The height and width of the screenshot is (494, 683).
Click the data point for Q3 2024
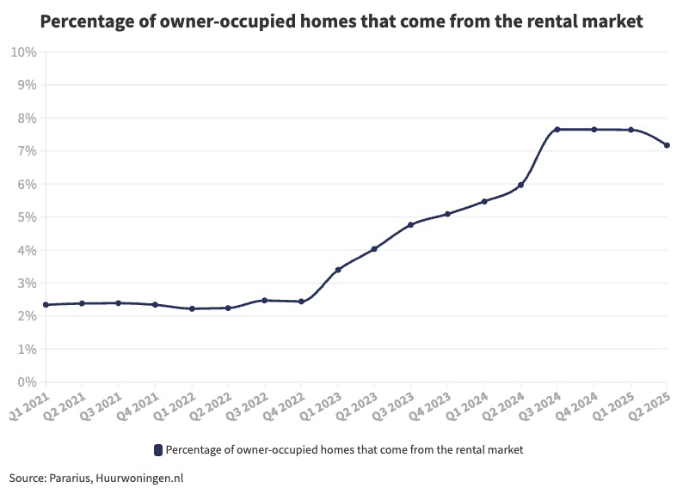(557, 130)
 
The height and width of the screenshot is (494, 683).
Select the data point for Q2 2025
(667, 145)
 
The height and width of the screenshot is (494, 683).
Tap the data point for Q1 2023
(338, 270)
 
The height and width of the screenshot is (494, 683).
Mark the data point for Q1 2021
(46, 305)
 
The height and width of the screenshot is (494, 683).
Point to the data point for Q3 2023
(411, 225)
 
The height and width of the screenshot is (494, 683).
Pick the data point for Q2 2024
(521, 185)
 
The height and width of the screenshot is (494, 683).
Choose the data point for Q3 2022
(265, 301)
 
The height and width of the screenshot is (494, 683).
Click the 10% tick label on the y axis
(23, 52)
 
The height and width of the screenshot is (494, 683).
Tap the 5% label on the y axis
(27, 217)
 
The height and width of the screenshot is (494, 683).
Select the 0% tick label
(27, 382)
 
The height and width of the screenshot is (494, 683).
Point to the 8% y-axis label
(27, 119)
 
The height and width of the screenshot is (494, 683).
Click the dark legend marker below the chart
(157, 450)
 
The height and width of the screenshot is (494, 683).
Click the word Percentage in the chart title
(87, 22)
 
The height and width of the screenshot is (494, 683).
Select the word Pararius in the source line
(71, 478)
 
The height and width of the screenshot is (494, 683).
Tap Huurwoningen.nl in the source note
(141, 478)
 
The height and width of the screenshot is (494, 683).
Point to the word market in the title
(612, 22)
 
